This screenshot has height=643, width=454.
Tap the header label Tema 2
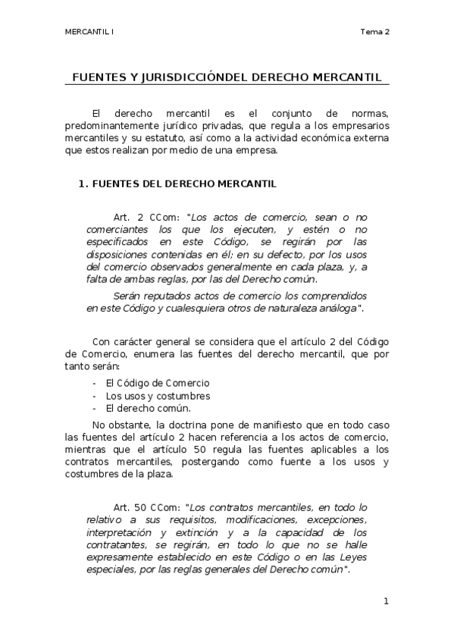(x=375, y=32)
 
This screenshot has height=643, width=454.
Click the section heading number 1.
(x=83, y=183)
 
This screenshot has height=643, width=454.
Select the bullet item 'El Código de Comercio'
(x=158, y=383)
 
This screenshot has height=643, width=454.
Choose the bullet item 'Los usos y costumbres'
(x=158, y=396)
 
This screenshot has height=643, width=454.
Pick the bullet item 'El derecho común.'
(x=148, y=409)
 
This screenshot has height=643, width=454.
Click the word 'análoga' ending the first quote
(x=336, y=307)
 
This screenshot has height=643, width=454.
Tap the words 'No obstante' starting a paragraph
(x=117, y=425)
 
